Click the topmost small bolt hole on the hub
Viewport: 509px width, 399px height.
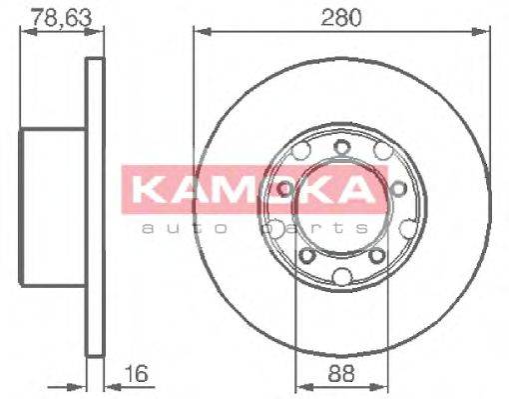[341, 149]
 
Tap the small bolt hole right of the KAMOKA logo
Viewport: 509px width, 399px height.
[396, 187]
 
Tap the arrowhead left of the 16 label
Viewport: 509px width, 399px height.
[81, 378]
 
